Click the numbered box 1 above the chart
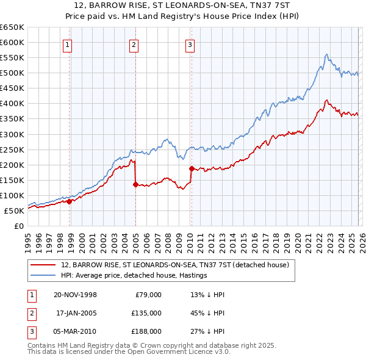pyautogui.click(x=66, y=44)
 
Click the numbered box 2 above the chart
pyautogui.click(x=134, y=44)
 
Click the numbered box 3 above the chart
pyautogui.click(x=190, y=44)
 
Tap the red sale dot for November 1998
pyautogui.click(x=69, y=201)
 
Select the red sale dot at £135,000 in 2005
pyautogui.click(x=135, y=184)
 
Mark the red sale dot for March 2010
pyautogui.click(x=191, y=168)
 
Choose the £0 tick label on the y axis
pyautogui.click(x=19, y=226)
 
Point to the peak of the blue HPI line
pyautogui.click(x=326, y=54)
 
